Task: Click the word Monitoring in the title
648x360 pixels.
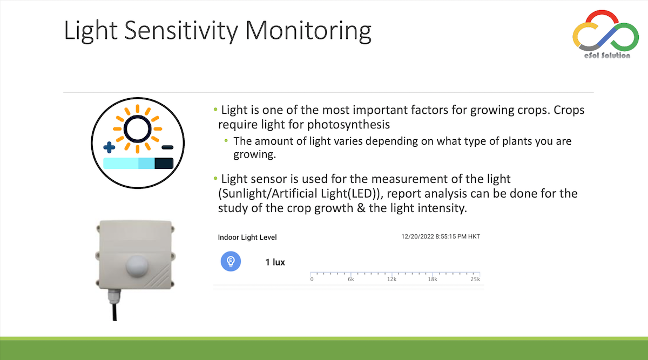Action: click(308, 31)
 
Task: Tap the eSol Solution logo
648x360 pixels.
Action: click(605, 34)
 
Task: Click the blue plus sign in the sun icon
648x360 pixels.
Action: click(109, 147)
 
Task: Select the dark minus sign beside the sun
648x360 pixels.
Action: click(167, 147)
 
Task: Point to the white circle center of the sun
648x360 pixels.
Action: click(137, 129)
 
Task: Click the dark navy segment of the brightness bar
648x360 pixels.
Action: click(164, 164)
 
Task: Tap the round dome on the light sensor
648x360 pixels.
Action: click(137, 266)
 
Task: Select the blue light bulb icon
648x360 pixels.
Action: click(231, 261)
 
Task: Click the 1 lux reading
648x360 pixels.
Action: click(275, 262)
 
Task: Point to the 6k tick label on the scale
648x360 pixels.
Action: click(350, 279)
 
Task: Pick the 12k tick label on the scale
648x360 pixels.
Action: click(391, 279)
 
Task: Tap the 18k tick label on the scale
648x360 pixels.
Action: click(433, 279)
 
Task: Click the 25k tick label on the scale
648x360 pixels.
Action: click(475, 279)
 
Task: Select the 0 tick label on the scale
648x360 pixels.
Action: click(312, 279)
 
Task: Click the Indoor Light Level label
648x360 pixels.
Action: click(247, 237)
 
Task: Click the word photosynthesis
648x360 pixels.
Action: click(349, 125)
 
